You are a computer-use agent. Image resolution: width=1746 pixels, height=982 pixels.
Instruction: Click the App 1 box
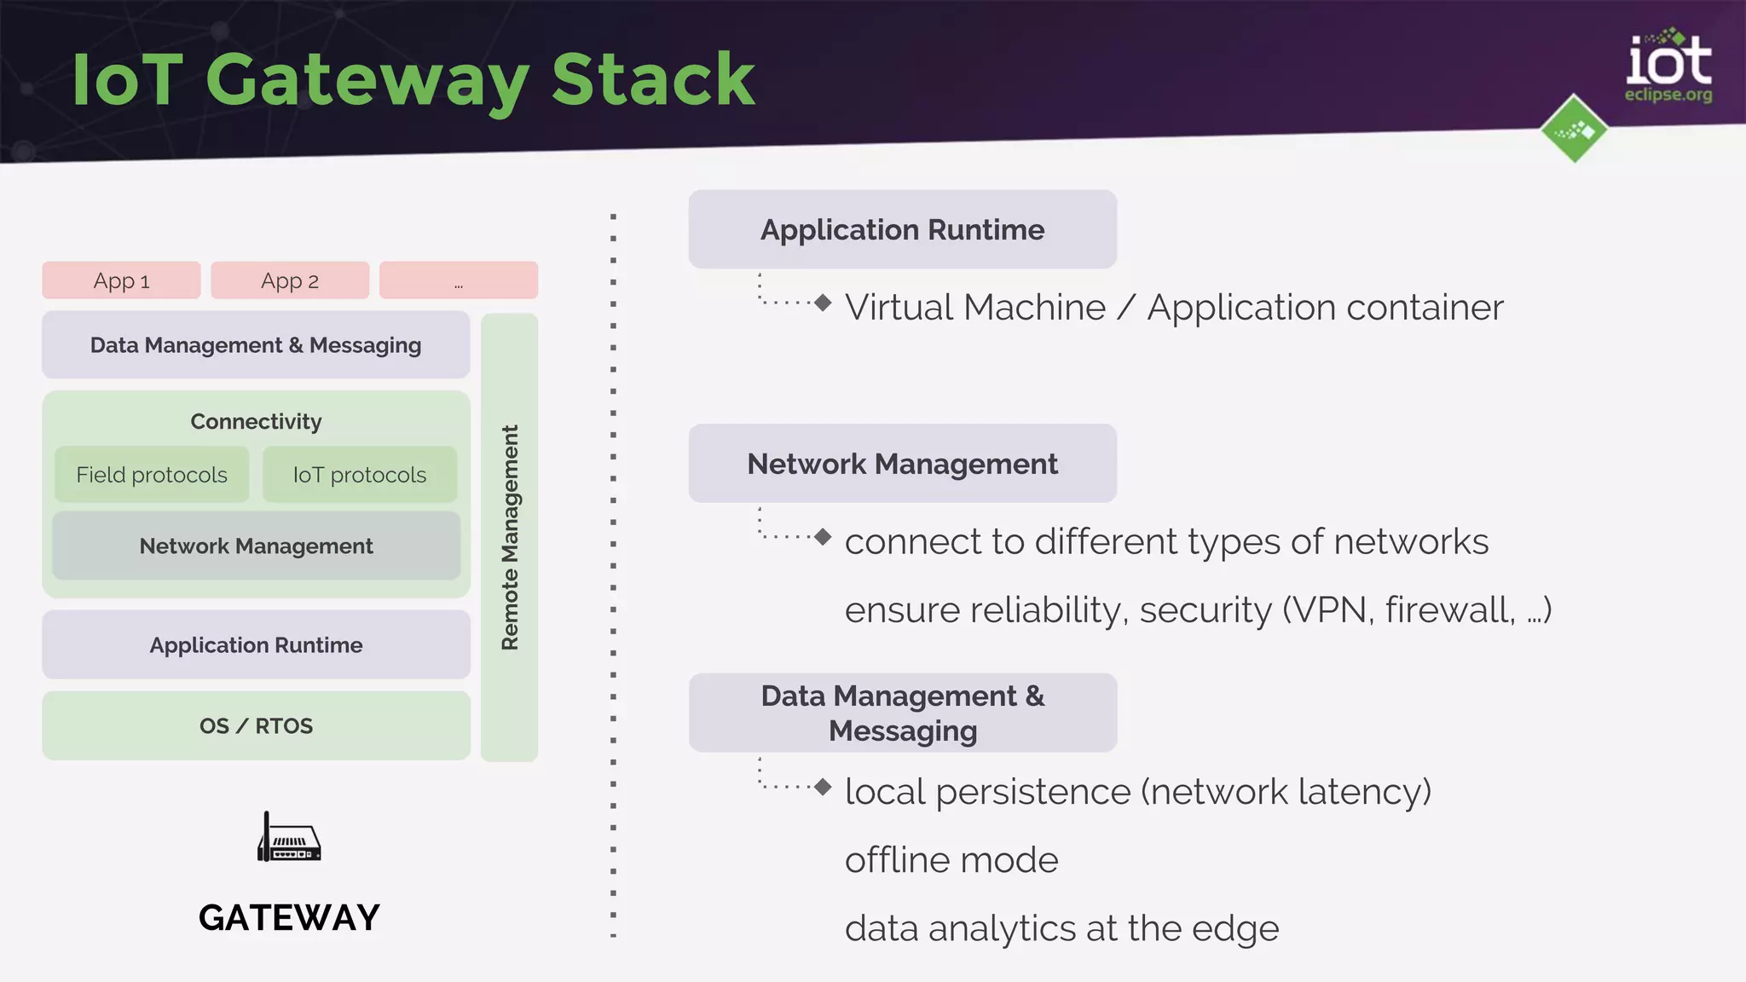[x=121, y=280]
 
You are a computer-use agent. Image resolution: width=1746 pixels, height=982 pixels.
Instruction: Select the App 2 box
[x=290, y=280]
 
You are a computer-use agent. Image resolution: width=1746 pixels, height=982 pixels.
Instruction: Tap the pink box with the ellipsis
[x=459, y=280]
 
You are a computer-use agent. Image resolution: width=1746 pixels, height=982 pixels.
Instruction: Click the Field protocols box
[x=152, y=475]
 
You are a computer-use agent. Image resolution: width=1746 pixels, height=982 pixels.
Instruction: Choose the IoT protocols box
[x=360, y=475]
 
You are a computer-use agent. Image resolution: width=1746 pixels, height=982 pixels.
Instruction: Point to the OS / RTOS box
[x=256, y=725]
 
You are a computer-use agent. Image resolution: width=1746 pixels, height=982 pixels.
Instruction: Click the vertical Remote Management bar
[x=509, y=537]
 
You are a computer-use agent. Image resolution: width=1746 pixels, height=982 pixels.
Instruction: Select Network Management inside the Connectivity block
[x=256, y=546]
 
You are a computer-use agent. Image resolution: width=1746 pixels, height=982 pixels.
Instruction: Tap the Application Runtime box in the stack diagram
[x=256, y=644]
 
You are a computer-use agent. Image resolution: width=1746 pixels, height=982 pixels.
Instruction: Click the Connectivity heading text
[x=256, y=421]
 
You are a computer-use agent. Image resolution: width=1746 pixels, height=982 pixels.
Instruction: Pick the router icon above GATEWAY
[x=289, y=838]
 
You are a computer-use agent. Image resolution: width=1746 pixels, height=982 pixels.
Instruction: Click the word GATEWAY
[x=289, y=917]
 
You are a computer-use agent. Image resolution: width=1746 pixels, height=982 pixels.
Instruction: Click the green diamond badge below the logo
[x=1574, y=130]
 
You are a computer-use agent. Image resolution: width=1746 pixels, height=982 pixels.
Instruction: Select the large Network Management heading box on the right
[x=902, y=463]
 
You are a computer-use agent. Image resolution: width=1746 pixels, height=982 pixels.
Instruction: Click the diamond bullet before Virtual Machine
[x=823, y=303]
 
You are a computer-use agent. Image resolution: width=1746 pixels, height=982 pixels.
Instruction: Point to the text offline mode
[x=951, y=859]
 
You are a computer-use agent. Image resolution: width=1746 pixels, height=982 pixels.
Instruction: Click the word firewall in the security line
[x=1448, y=609]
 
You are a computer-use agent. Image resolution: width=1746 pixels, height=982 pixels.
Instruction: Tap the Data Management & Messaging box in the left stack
[x=256, y=344]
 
